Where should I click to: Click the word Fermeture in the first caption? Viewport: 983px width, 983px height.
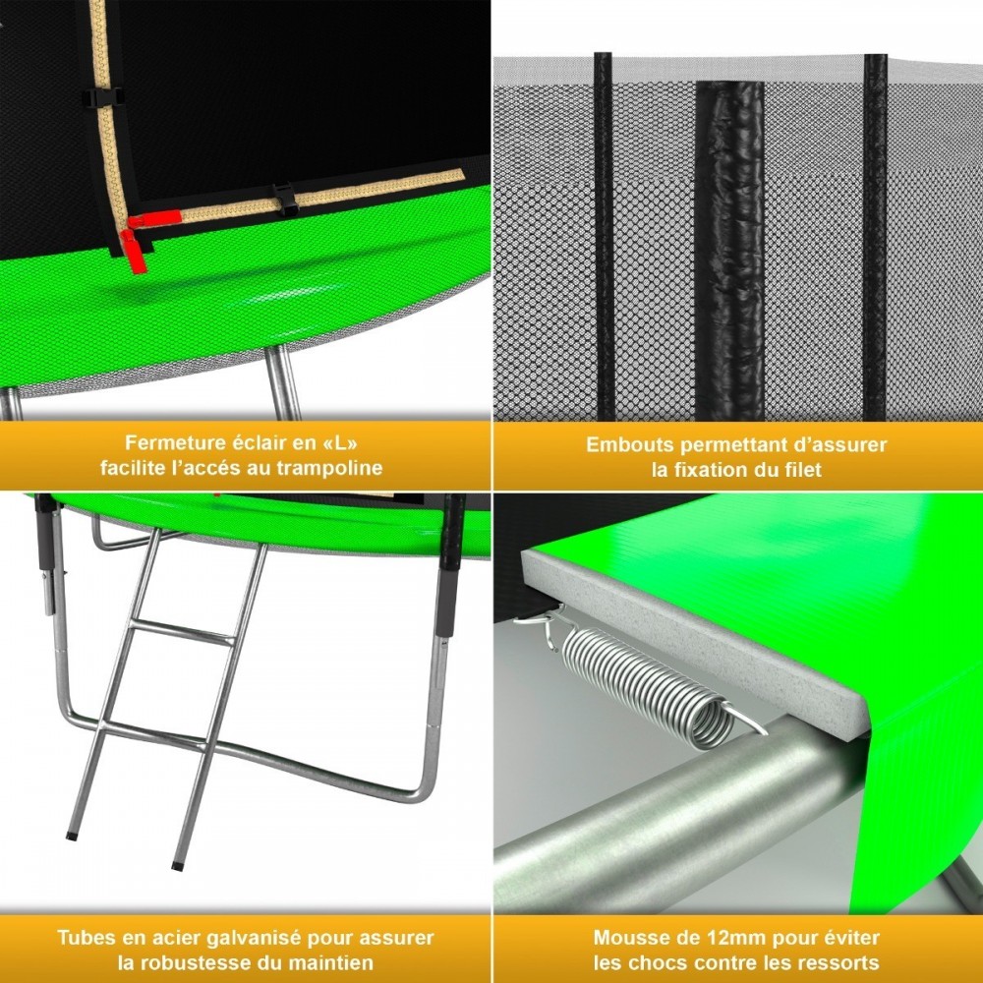168,443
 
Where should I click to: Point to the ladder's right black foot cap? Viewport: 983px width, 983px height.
177,866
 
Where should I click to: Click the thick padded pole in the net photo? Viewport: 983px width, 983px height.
730,246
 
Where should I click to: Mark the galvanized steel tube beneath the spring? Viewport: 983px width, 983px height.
668,806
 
